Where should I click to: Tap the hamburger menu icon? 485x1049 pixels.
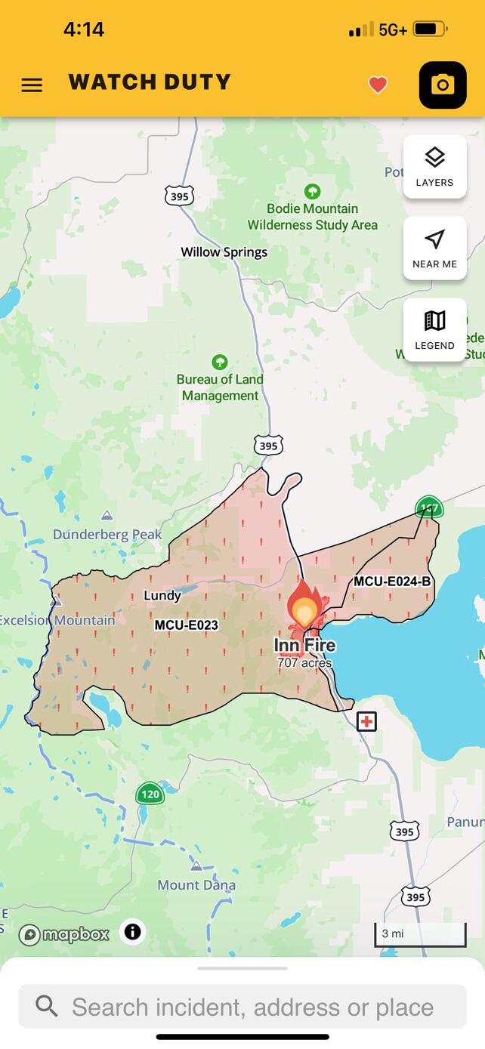[32, 85]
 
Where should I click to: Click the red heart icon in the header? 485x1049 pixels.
[378, 85]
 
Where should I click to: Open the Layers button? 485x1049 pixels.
[434, 167]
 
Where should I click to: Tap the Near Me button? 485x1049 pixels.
[434, 248]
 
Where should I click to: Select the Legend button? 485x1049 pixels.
[434, 330]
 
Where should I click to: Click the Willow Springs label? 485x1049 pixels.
[224, 252]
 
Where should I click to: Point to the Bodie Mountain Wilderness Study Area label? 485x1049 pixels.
[312, 217]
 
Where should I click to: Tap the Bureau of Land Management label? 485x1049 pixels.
[220, 387]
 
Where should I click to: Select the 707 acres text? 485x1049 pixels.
[304, 663]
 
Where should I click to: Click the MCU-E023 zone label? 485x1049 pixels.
[186, 625]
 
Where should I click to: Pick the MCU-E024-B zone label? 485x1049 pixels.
[392, 581]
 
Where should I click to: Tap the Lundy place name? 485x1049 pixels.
[162, 596]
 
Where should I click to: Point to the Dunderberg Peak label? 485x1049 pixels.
[107, 535]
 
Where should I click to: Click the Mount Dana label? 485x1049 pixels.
[196, 884]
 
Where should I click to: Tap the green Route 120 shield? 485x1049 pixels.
[150, 794]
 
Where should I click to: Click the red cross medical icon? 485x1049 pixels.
[366, 721]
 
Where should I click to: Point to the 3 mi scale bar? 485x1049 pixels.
[420, 934]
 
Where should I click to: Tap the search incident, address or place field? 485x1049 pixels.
[242, 1007]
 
